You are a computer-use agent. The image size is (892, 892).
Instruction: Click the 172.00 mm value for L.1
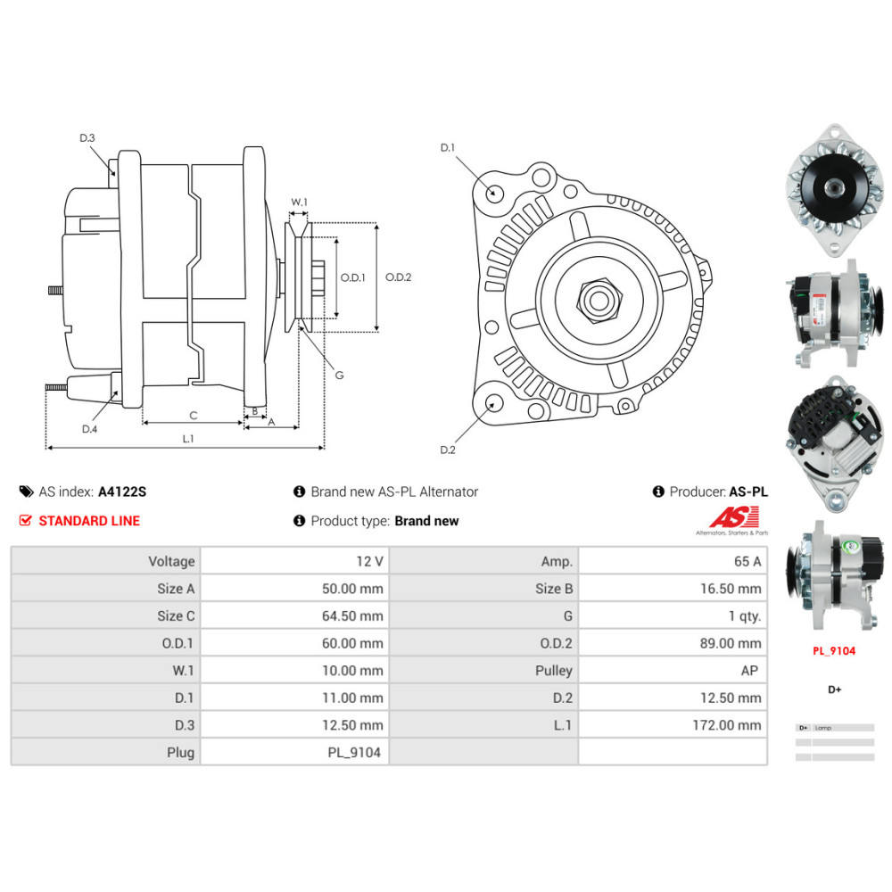pyautogui.click(x=727, y=725)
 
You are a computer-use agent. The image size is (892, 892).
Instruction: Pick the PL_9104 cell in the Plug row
pyautogui.click(x=354, y=753)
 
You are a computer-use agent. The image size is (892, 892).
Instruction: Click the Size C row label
pyautogui.click(x=176, y=616)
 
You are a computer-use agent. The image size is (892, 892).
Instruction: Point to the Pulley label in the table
pyautogui.click(x=554, y=671)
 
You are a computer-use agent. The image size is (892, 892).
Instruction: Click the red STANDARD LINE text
pyautogui.click(x=89, y=521)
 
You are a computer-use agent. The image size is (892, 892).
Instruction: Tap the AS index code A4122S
pyautogui.click(x=122, y=491)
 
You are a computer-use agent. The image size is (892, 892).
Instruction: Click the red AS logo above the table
pyautogui.click(x=734, y=516)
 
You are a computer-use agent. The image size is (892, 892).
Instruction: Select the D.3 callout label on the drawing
pyautogui.click(x=87, y=138)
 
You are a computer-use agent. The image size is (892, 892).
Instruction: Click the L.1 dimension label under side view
pyautogui.click(x=187, y=438)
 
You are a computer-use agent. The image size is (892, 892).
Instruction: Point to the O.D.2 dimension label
pyautogui.click(x=398, y=277)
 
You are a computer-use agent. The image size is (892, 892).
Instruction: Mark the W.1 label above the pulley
pyautogui.click(x=299, y=202)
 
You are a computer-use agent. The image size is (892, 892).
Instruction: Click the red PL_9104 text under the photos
pyautogui.click(x=834, y=651)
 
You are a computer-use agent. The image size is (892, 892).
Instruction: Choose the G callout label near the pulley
pyautogui.click(x=339, y=376)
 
